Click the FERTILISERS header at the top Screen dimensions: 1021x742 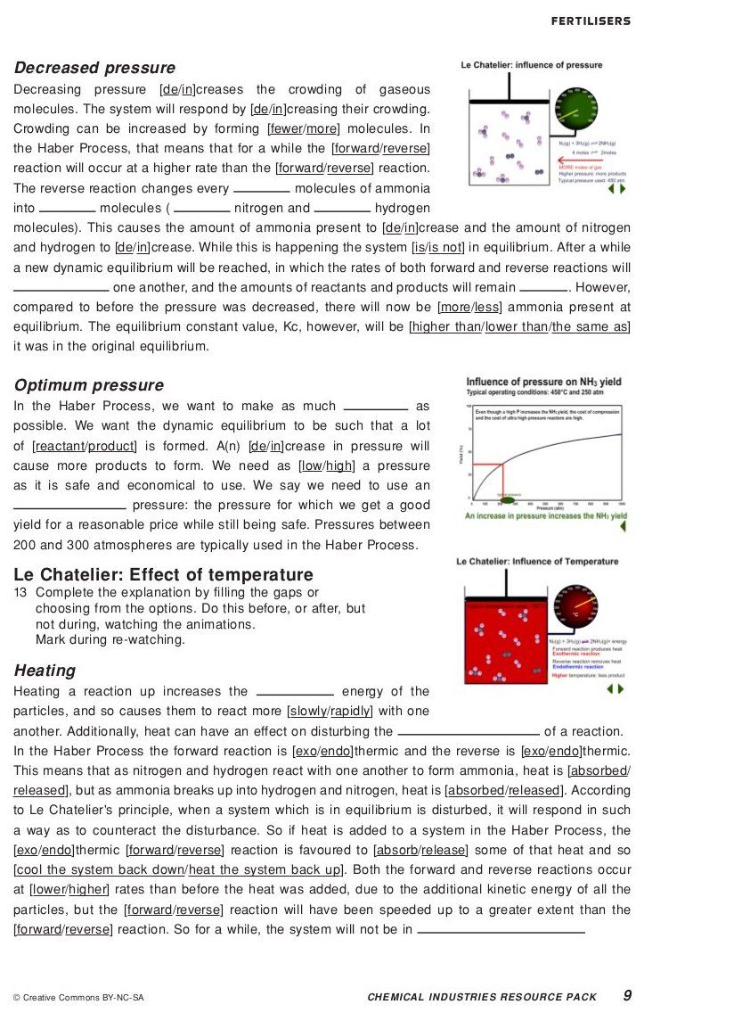coord(591,21)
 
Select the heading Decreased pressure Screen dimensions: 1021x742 coord(94,68)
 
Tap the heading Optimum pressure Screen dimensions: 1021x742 coord(89,385)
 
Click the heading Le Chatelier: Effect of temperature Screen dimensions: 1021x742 coord(164,575)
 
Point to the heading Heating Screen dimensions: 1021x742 coord(45,671)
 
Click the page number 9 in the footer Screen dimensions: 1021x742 coord(627,995)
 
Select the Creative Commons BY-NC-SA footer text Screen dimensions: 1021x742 coord(78,998)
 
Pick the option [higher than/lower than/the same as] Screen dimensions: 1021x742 coord(519,326)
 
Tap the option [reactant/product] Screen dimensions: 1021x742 coord(85,446)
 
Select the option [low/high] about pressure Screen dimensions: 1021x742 coord(327,465)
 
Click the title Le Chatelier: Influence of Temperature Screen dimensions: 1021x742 coord(537,562)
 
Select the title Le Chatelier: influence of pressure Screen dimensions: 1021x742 coord(531,65)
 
